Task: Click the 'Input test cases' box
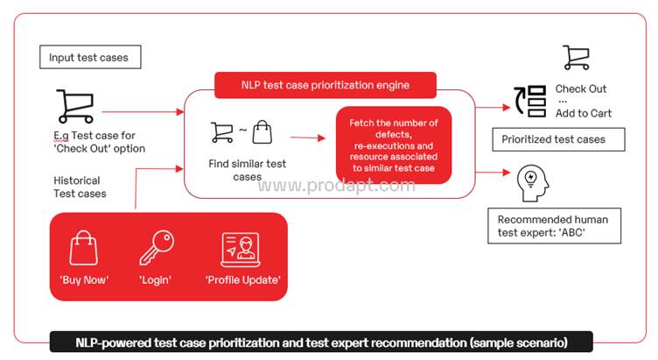click(x=90, y=57)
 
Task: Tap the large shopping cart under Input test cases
click(x=75, y=106)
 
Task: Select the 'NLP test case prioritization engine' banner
click(x=325, y=85)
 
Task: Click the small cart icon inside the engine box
click(x=222, y=132)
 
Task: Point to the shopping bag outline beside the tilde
click(x=262, y=132)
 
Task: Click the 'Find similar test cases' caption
click(x=247, y=170)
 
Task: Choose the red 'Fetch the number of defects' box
click(x=394, y=145)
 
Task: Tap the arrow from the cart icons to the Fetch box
click(x=308, y=138)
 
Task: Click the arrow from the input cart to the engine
click(x=143, y=112)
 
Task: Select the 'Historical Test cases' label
click(x=80, y=187)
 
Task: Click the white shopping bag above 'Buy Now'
click(x=83, y=248)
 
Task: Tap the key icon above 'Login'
click(x=157, y=247)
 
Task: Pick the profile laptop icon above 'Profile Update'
click(x=241, y=250)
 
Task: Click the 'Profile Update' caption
click(x=243, y=280)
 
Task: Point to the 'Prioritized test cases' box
click(x=558, y=139)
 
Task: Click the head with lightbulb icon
click(x=533, y=183)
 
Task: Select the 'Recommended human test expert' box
click(x=555, y=226)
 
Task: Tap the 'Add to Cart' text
click(x=584, y=113)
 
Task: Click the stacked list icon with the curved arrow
click(x=530, y=101)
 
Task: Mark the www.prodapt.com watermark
click(x=337, y=185)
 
